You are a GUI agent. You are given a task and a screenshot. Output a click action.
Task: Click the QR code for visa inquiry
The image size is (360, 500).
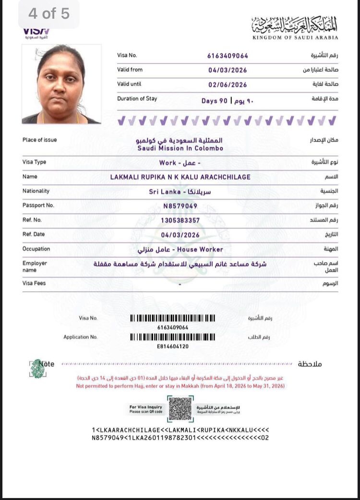click(180, 408)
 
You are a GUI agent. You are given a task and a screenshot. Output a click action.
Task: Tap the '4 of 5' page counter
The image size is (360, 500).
click(49, 14)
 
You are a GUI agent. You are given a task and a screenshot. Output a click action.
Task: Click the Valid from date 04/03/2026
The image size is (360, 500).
click(228, 70)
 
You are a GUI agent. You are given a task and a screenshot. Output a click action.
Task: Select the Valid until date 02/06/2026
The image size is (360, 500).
click(228, 84)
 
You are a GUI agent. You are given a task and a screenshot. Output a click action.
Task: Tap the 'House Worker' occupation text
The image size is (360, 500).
click(200, 250)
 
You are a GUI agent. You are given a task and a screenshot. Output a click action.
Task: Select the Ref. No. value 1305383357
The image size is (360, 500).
click(180, 220)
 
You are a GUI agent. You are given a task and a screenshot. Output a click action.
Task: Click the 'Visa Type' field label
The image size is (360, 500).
click(34, 162)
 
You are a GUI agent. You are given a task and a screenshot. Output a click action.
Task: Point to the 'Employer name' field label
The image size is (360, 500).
click(35, 266)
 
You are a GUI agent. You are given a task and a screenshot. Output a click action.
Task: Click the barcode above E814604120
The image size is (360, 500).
click(173, 337)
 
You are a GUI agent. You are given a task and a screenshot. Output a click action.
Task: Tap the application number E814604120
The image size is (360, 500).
click(173, 346)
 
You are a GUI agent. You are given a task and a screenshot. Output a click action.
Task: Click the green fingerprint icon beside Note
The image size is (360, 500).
click(37, 368)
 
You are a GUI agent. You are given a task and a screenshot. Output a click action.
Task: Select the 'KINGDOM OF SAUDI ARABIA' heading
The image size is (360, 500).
click(295, 37)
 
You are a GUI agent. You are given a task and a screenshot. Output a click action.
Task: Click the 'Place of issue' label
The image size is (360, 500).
click(39, 140)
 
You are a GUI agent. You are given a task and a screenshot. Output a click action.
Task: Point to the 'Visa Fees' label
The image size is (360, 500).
click(34, 283)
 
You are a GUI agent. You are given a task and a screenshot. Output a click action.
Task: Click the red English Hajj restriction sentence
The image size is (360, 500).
click(180, 386)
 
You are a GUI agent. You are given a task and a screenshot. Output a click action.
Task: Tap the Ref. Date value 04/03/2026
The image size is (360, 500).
click(180, 235)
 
